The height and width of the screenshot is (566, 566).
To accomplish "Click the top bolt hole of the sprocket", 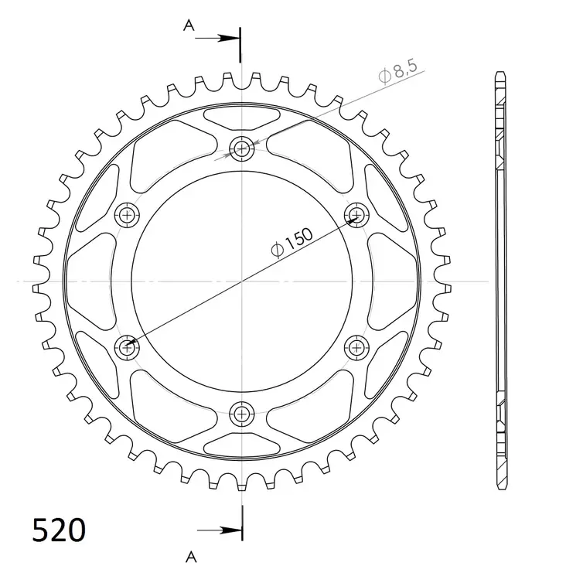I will point(243,148).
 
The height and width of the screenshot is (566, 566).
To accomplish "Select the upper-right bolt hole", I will point(357,214).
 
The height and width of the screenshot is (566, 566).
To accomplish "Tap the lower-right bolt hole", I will point(357,346).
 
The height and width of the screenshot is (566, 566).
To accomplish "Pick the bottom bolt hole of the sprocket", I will point(243,412).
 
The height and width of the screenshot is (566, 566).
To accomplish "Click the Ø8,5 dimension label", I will point(397,74).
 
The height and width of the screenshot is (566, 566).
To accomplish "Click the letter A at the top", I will point(188,26).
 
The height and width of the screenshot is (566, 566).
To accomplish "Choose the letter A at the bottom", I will point(189,554).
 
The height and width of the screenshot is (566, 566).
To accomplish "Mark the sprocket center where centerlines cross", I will point(243,281).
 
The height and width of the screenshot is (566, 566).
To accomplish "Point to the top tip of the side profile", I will point(500,74).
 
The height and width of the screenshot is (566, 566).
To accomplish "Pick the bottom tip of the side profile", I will point(500,486).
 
